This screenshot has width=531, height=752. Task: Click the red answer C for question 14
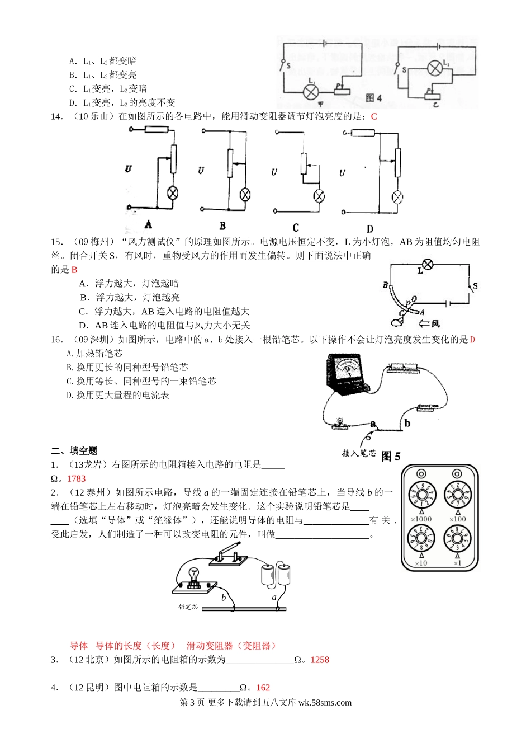click(374, 116)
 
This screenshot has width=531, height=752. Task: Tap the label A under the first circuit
click(148, 224)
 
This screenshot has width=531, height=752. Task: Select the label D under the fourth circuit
click(369, 228)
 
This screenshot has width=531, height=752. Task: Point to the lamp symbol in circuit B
click(245, 194)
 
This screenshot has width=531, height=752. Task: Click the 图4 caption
click(373, 98)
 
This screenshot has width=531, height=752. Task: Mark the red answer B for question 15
click(74, 270)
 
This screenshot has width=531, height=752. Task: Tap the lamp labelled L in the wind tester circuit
click(428, 264)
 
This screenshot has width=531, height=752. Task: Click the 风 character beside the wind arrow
click(435, 323)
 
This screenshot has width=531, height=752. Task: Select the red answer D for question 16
click(472, 340)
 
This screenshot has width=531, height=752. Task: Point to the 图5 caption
click(391, 457)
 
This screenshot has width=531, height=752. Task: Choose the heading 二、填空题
click(74, 451)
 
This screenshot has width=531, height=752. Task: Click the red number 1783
click(77, 478)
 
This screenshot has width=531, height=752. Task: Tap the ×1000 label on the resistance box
click(421, 519)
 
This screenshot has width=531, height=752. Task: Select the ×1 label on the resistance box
click(457, 563)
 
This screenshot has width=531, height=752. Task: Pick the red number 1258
click(320, 660)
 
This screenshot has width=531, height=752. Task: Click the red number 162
click(263, 688)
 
